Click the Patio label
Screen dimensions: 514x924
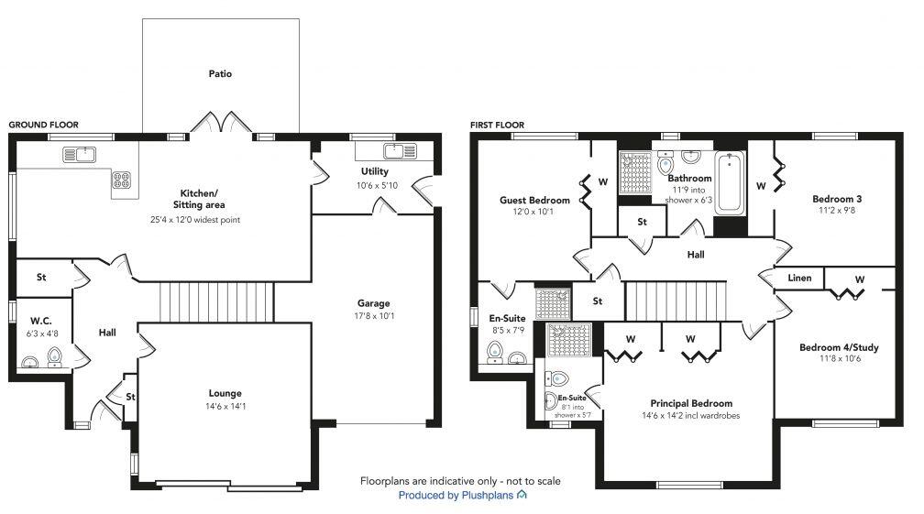(x=220, y=73)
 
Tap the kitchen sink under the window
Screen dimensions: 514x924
(x=81, y=155)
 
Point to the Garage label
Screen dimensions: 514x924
(x=373, y=303)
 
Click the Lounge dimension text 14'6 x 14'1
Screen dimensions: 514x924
(x=225, y=408)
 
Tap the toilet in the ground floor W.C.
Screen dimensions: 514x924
(x=54, y=356)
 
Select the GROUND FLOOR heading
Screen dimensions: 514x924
(x=43, y=125)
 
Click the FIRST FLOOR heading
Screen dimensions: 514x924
(x=496, y=125)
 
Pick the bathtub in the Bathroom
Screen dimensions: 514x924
(x=730, y=182)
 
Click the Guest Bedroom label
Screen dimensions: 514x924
(x=534, y=200)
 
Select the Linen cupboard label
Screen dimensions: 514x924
(x=799, y=278)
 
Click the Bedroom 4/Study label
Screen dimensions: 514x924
(x=837, y=347)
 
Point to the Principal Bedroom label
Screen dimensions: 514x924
(x=691, y=403)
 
